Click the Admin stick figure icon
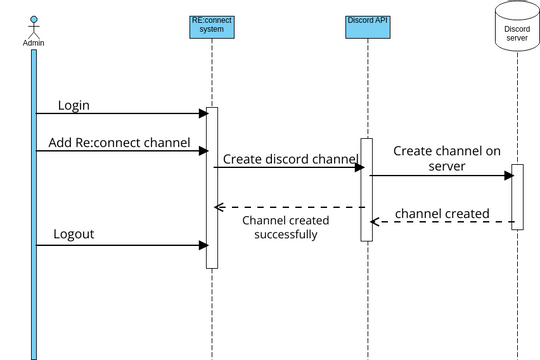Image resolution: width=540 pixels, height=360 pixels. [33, 26]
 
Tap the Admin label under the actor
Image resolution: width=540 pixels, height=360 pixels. [33, 43]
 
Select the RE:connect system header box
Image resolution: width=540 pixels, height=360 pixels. [212, 25]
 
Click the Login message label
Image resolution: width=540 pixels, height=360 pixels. [74, 105]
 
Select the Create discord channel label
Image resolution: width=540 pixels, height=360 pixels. [288, 158]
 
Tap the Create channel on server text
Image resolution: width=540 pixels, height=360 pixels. [446, 158]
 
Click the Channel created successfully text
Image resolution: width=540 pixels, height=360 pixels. [285, 227]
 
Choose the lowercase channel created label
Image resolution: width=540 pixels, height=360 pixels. [442, 213]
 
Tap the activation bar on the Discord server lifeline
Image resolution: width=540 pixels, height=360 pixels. [517, 196]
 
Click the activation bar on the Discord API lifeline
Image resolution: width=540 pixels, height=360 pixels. [367, 190]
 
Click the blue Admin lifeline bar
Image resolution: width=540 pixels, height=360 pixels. [33, 200]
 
